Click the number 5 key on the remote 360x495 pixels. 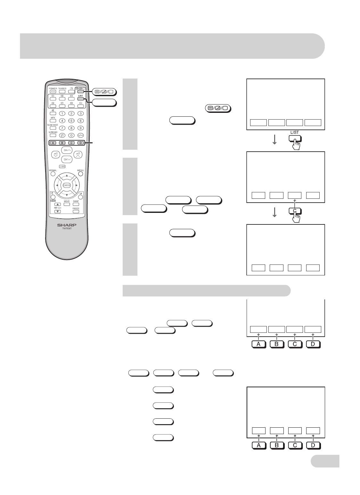pos(72,121)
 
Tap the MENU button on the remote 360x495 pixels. pos(80,174)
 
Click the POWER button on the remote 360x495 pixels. pos(53,92)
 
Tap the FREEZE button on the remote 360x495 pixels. pos(76,212)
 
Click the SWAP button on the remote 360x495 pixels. pos(76,204)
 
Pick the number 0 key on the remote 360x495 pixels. pos(72,135)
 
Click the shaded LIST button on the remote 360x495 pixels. pos(80,99)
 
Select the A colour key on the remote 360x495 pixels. pos(53,143)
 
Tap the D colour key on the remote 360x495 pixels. pos(81,143)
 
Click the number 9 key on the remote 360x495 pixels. pos(81,128)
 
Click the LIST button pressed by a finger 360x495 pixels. pos(295,138)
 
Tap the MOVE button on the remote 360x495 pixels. pos(67,204)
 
